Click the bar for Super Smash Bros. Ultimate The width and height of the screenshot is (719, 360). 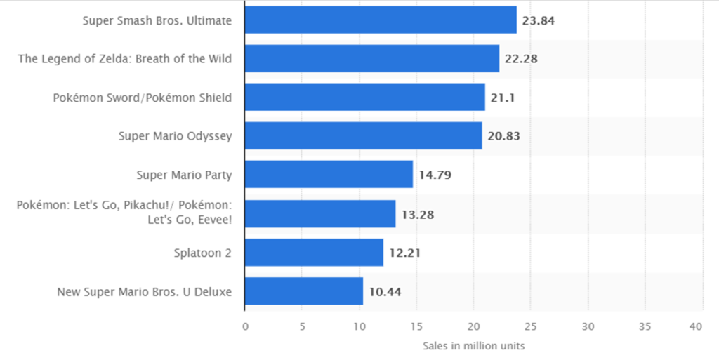click(380, 20)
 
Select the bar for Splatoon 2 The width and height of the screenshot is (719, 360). click(314, 253)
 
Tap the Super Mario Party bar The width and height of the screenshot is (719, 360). click(329, 175)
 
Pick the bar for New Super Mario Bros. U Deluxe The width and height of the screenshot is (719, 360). click(303, 291)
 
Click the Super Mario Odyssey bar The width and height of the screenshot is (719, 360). click(363, 136)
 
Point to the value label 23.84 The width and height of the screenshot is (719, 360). click(539, 20)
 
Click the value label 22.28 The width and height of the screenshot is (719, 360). click(521, 59)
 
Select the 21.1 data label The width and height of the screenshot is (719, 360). click(503, 98)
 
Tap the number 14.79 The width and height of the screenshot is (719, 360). click(435, 175)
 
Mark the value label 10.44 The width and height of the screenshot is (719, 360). click(385, 291)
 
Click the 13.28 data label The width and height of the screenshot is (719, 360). click(418, 214)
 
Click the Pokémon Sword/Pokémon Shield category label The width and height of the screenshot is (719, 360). click(143, 98)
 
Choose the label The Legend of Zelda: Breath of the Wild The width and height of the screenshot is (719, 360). click(125, 59)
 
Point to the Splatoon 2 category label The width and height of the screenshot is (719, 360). click(203, 253)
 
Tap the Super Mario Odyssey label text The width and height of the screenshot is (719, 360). click(175, 136)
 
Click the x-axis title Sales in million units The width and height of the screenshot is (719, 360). click(474, 346)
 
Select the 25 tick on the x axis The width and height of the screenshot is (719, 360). click(531, 326)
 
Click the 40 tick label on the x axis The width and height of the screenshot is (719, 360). click(696, 326)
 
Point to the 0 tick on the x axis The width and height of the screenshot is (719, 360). click(245, 326)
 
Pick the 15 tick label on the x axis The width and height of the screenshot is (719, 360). click(416, 326)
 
